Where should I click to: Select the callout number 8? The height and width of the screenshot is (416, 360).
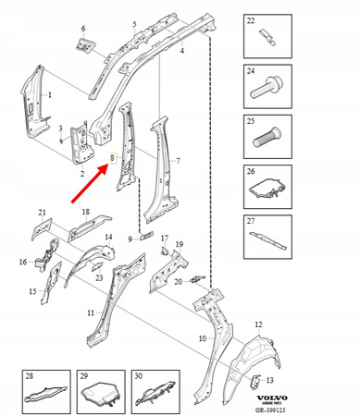click(x=112, y=158)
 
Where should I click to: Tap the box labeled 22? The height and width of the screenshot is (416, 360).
click(x=268, y=39)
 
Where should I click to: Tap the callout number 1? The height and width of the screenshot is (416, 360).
click(x=49, y=94)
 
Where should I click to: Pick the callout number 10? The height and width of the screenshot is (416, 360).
click(x=188, y=340)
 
